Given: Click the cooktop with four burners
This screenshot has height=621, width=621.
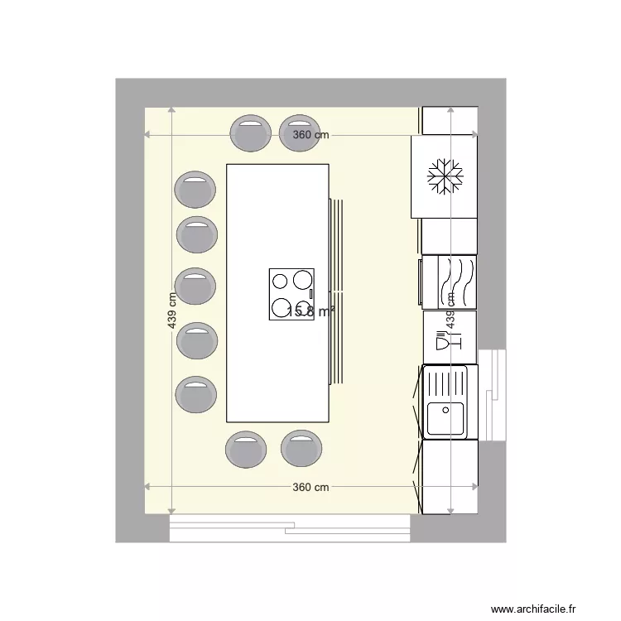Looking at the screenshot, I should click(x=291, y=295).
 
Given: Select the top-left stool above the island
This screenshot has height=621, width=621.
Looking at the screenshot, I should click(x=250, y=133).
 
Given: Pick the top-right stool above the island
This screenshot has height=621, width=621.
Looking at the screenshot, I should click(x=299, y=133).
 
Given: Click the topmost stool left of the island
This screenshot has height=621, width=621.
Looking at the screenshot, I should click(x=195, y=190).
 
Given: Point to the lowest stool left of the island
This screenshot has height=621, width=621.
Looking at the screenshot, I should click(x=195, y=395).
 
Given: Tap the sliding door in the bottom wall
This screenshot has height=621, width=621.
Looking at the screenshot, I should click(x=290, y=527).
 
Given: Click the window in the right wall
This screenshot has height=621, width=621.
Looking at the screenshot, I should click(x=492, y=395).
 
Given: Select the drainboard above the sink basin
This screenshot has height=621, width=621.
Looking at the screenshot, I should click(x=446, y=382).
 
